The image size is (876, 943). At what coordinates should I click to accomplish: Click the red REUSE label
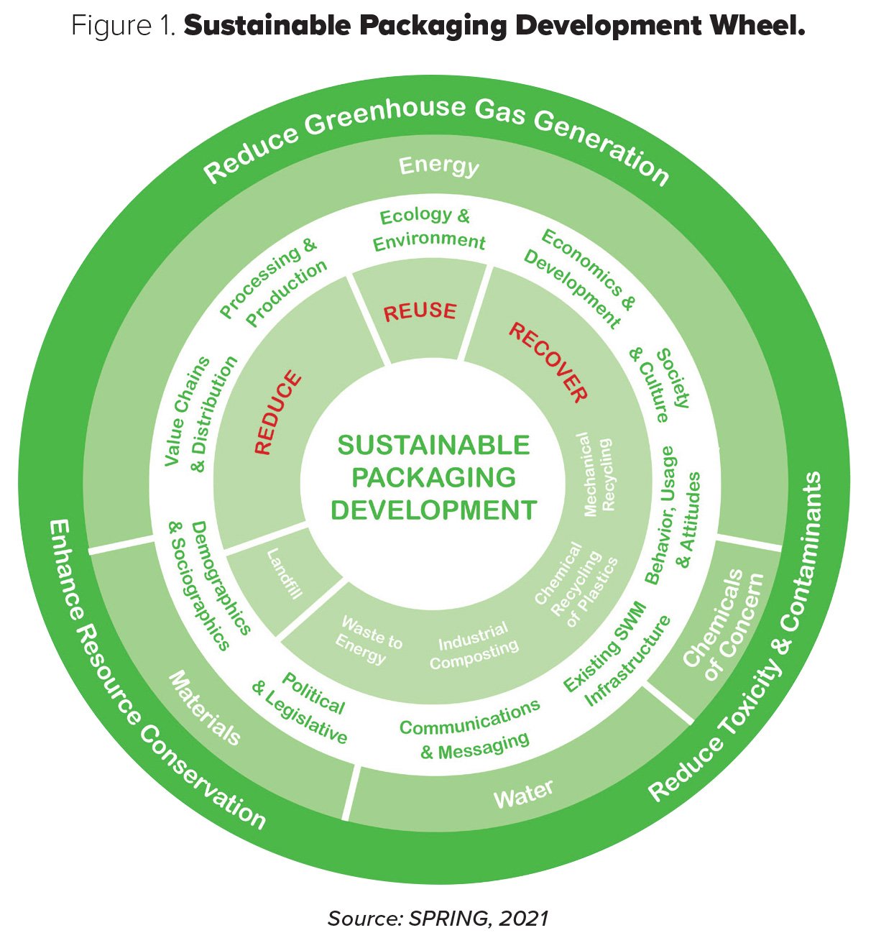(x=420, y=312)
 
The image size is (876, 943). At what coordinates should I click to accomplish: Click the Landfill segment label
(x=285, y=574)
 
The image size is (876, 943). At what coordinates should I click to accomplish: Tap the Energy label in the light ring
(x=438, y=165)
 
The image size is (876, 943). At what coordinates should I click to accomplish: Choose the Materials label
(x=205, y=709)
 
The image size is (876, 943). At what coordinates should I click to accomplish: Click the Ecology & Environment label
(x=427, y=229)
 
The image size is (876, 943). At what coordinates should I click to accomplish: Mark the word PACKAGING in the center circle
(x=433, y=477)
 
